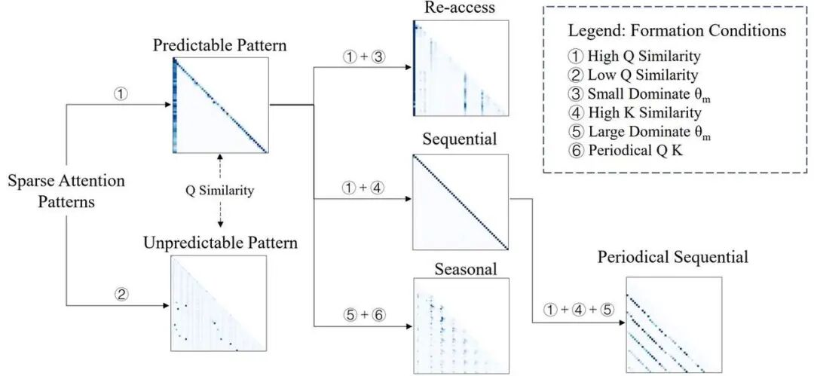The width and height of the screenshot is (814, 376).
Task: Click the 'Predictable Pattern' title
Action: (x=219, y=45)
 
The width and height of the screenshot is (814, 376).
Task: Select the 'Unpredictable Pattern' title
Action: (x=219, y=243)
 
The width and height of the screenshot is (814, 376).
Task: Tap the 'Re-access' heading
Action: (x=461, y=9)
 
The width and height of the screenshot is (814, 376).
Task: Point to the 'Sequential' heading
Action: (x=460, y=141)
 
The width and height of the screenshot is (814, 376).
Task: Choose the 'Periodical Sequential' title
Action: (x=673, y=258)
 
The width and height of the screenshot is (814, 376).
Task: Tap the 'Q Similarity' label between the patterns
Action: (x=219, y=190)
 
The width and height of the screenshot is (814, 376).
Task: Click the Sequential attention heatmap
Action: (x=461, y=202)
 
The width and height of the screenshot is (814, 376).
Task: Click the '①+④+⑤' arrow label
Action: (x=573, y=308)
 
